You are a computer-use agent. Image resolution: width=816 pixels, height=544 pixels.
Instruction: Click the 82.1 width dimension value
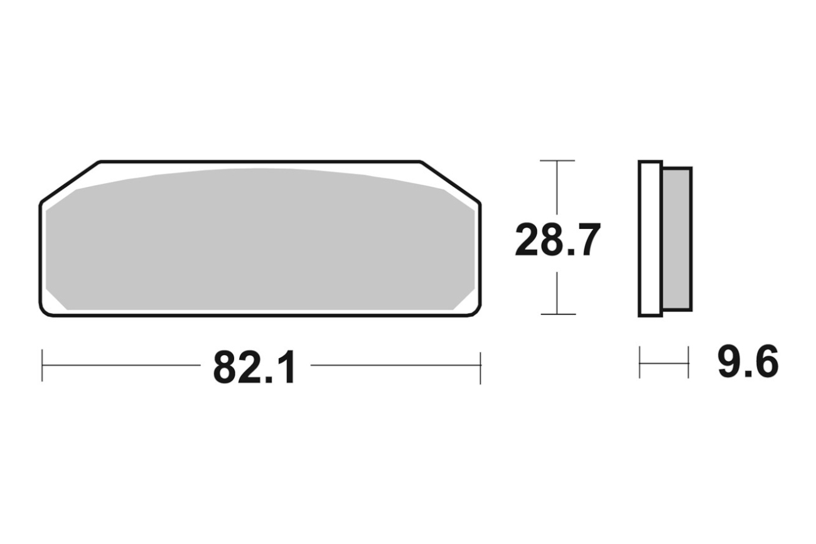tap(254, 368)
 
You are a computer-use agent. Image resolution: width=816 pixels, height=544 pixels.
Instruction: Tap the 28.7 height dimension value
tap(558, 240)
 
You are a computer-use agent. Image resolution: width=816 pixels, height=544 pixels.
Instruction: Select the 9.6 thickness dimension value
tap(748, 362)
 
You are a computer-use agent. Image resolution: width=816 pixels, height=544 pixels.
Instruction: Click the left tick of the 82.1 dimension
tap(42, 365)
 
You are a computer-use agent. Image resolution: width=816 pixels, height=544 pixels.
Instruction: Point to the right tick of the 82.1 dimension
tap(480, 368)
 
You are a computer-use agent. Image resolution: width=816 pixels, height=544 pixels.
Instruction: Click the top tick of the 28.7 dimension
tap(557, 161)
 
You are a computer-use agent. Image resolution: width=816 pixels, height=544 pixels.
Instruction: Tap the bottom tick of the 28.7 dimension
tap(558, 314)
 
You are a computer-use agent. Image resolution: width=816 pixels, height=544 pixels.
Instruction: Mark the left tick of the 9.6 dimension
tap(640, 362)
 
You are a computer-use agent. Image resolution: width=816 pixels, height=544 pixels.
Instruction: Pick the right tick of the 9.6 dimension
tap(689, 362)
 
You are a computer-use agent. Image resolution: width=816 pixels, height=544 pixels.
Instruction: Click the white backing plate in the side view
tap(650, 238)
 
